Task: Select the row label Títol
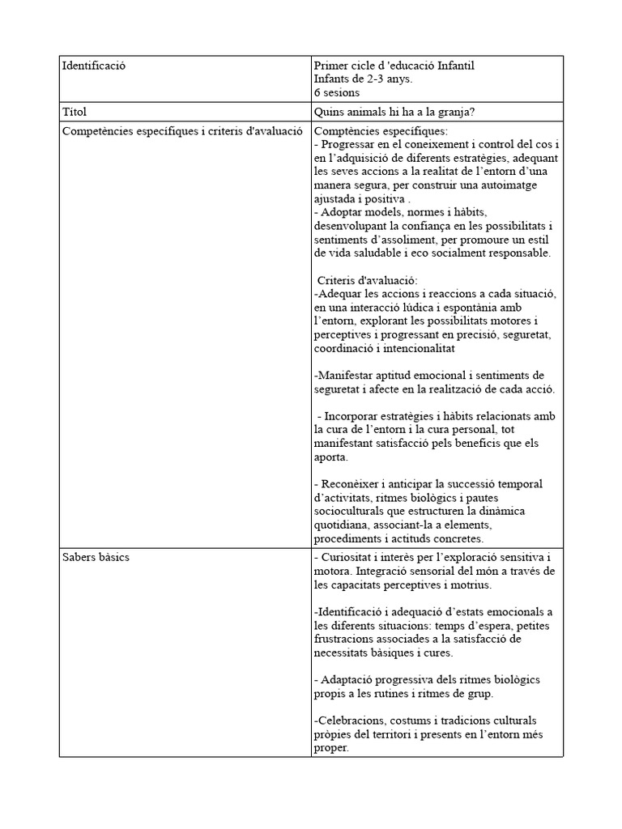[75, 112]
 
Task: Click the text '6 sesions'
[336, 92]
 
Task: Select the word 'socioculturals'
[349, 512]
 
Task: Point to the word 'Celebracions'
[347, 721]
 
